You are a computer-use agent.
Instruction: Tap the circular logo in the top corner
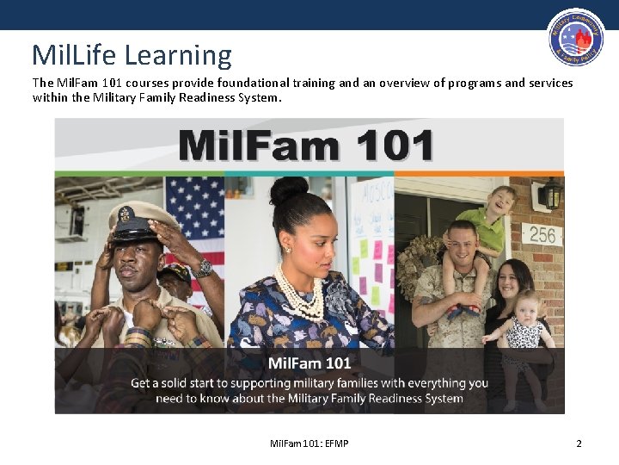(576, 38)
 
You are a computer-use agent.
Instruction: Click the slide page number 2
(579, 443)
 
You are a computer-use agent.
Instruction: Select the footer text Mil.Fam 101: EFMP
(309, 443)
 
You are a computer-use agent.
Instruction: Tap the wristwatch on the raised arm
(203, 268)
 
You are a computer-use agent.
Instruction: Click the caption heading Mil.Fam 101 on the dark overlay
(309, 363)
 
